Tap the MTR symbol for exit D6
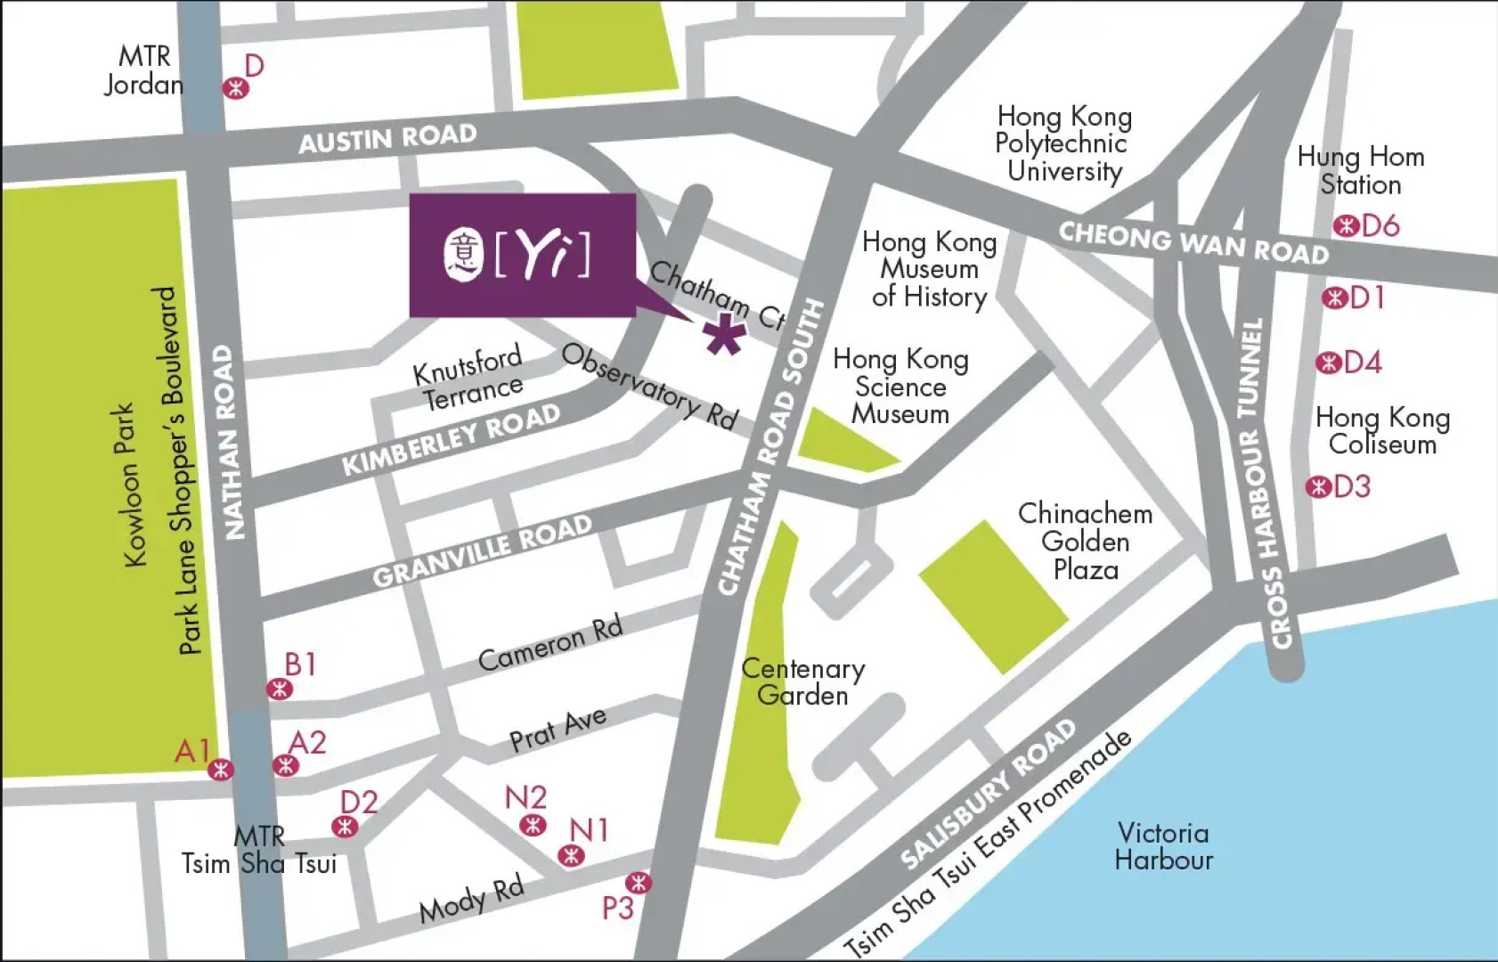(1346, 226)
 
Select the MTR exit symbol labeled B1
(280, 689)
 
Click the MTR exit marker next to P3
(638, 883)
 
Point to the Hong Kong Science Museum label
(900, 387)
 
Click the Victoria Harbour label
(1163, 846)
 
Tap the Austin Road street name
(387, 139)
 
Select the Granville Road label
(482, 551)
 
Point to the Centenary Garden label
(802, 681)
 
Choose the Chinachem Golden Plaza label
(1085, 541)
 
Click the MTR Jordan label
(143, 70)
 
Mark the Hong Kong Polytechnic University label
(1063, 143)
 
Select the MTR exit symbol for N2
(533, 825)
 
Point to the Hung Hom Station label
(1360, 171)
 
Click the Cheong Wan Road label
(1193, 242)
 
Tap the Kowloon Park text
(131, 485)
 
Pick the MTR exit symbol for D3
(1318, 487)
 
